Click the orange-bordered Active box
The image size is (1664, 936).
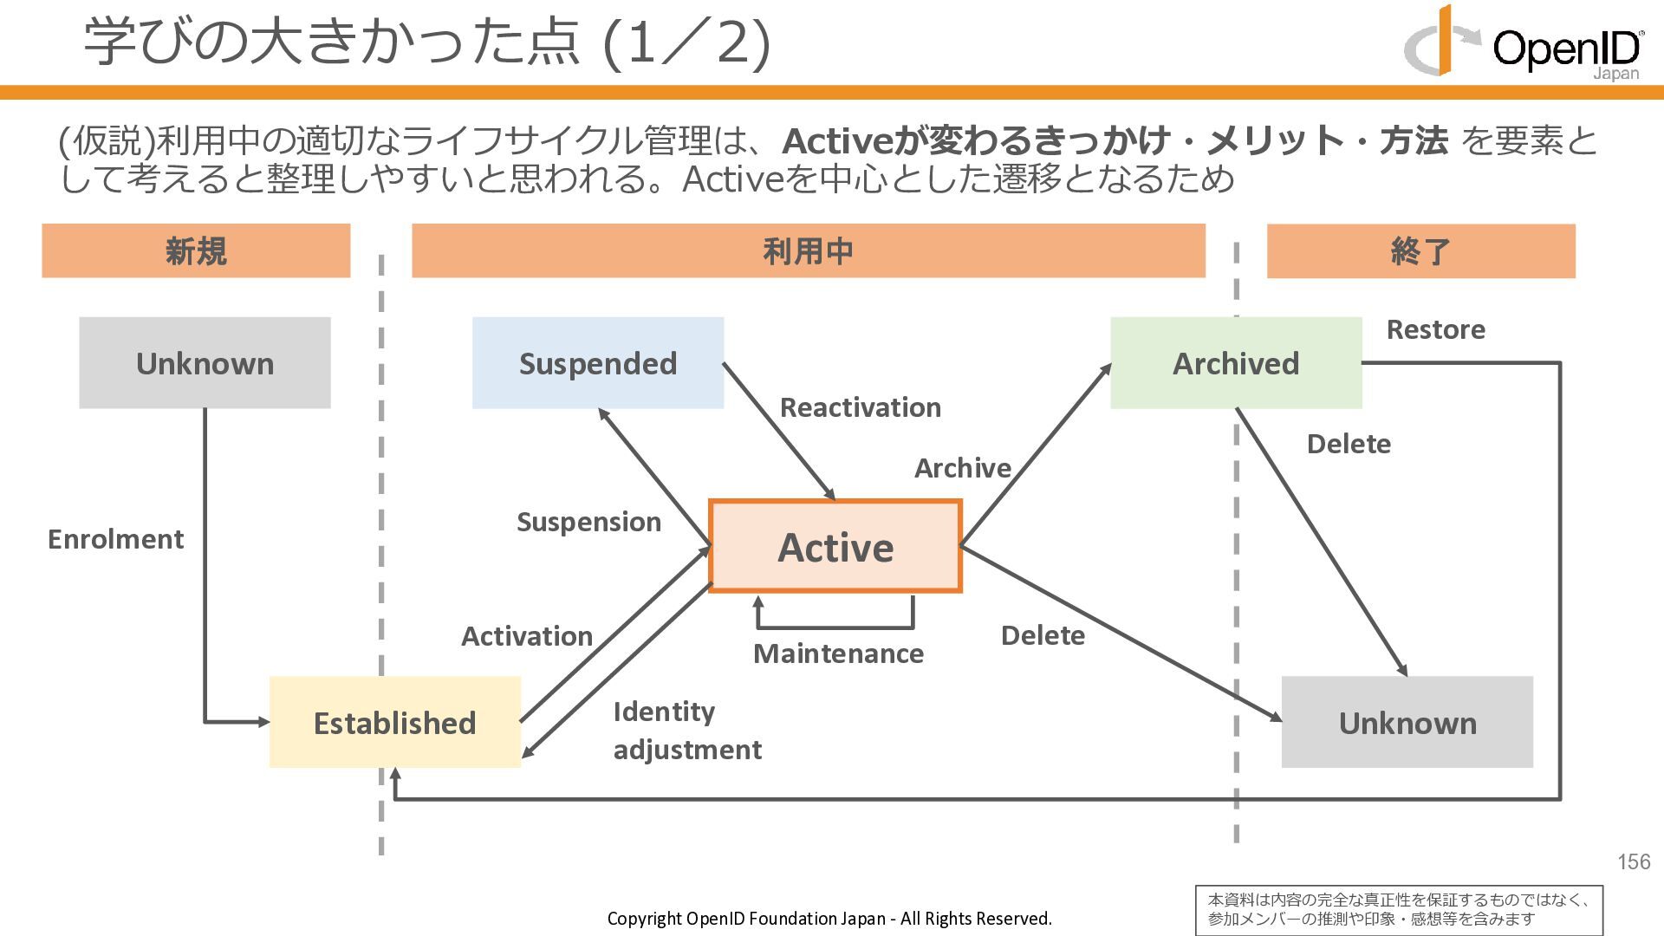tap(835, 547)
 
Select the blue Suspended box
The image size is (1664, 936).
tap(598, 363)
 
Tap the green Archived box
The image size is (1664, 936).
tap(1236, 363)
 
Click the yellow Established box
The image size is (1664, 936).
tap(395, 723)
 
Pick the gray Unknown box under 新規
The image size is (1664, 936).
tap(205, 363)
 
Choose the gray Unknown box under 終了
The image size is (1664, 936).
tap(1407, 723)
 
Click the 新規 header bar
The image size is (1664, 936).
tap(196, 251)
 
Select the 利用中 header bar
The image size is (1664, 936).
tap(808, 251)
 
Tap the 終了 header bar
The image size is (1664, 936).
tap(1420, 251)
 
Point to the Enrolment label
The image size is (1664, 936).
tap(115, 539)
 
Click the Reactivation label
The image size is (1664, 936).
tap(860, 407)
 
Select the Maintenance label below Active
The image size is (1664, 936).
tap(838, 653)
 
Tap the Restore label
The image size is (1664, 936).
tap(1435, 329)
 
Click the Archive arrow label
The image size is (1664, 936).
tap(962, 468)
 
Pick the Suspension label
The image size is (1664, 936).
tap(588, 522)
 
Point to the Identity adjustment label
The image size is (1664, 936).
tap(687, 731)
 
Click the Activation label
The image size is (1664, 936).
tap(527, 636)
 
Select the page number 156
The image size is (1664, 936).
tap(1634, 861)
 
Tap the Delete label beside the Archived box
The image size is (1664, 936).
tap(1349, 444)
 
